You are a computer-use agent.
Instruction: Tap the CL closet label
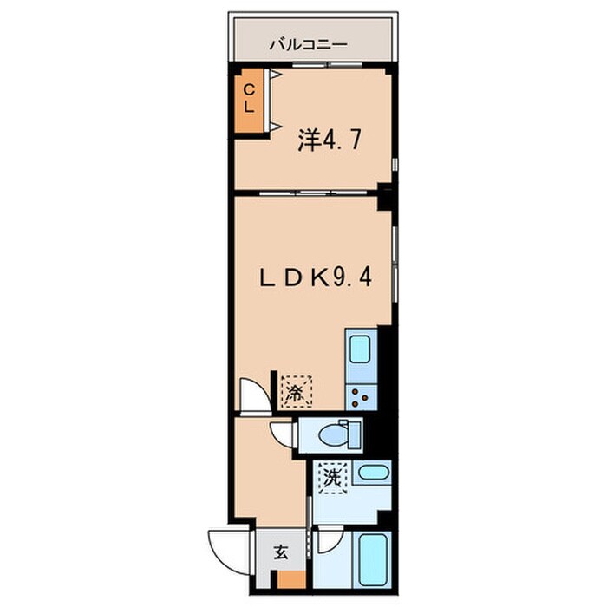248,98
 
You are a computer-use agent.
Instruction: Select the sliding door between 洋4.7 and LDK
308,191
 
